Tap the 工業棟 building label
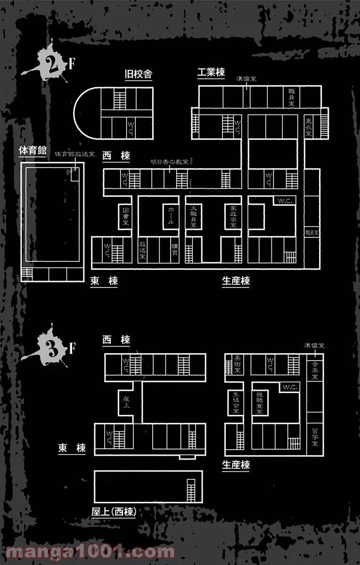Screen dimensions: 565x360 211,73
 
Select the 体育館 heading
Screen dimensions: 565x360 32,151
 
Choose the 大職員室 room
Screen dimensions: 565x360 193,217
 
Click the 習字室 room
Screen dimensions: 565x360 315,437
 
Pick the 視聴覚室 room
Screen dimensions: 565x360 259,402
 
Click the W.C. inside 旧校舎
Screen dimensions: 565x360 131,127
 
